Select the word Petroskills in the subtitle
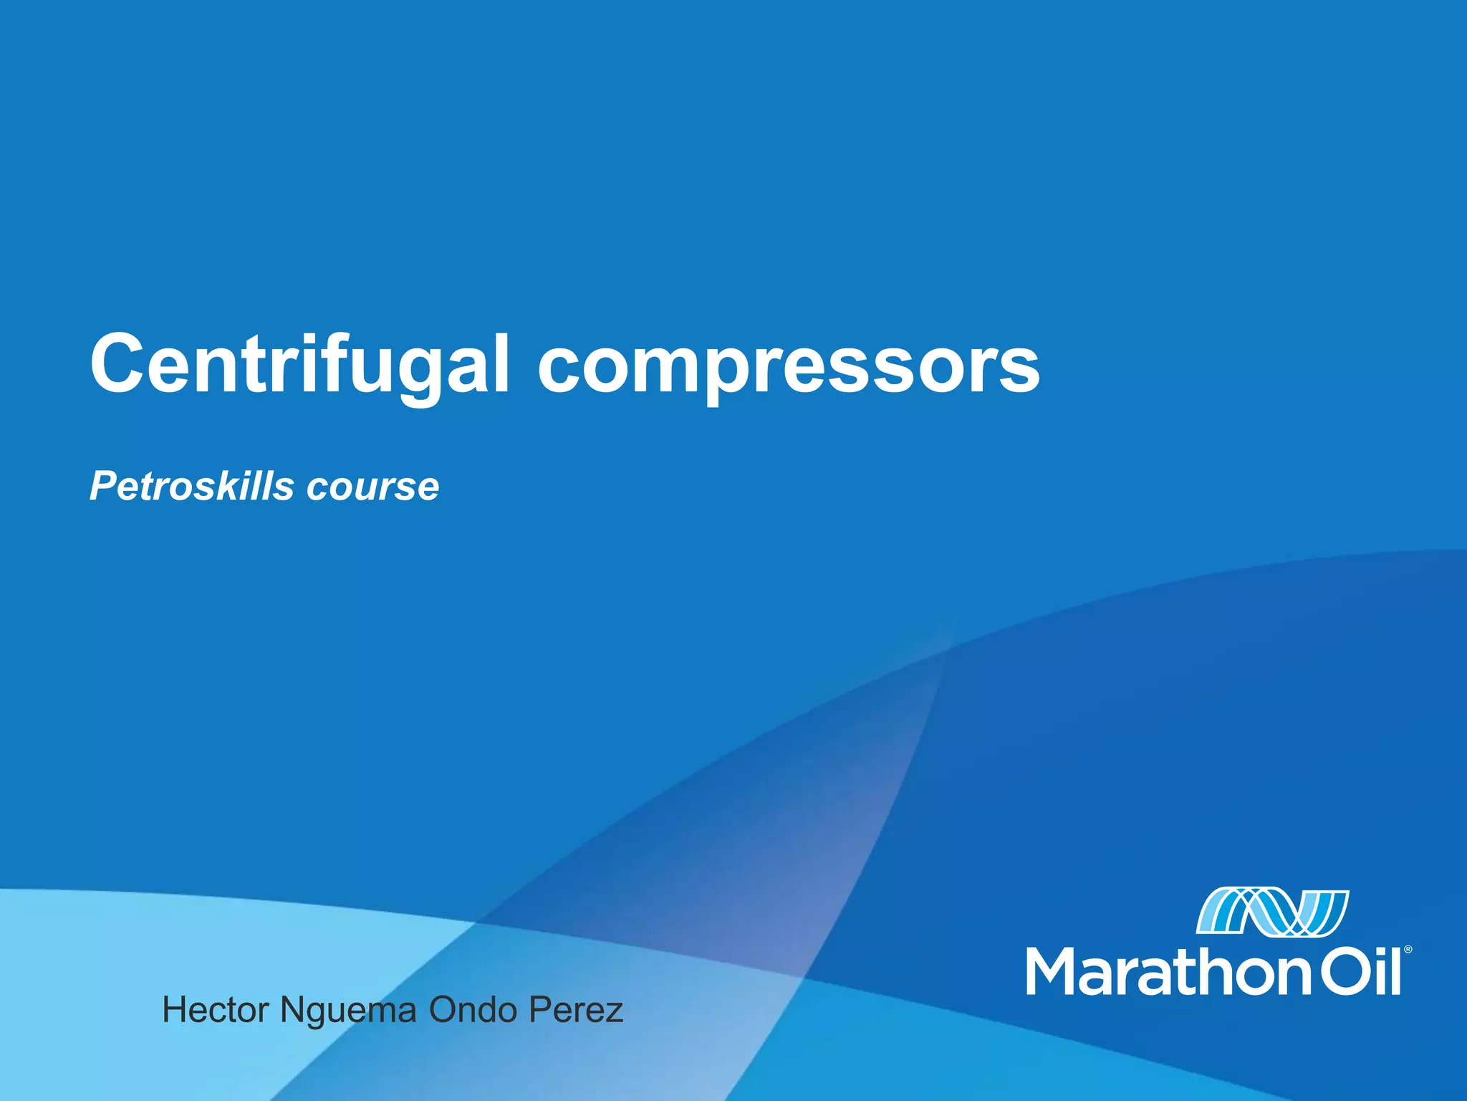(192, 487)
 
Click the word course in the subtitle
(372, 488)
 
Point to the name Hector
(216, 1010)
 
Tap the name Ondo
(473, 1010)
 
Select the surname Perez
(576, 1010)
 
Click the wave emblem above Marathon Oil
(1272, 912)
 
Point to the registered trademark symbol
(1408, 949)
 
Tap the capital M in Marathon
(1052, 971)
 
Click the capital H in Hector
(175, 1010)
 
